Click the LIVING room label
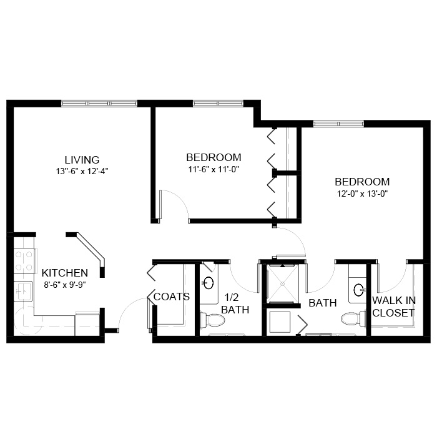click(82, 160)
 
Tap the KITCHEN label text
click(65, 273)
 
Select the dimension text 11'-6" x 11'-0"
click(214, 169)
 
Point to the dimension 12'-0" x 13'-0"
click(362, 194)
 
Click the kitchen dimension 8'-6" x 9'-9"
click(65, 285)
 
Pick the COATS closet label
click(172, 297)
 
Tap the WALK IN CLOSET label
click(394, 307)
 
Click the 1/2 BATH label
click(235, 303)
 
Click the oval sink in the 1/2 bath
click(208, 283)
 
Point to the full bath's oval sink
click(359, 290)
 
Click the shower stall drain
click(282, 283)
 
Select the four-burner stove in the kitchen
click(24, 261)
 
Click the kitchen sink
click(23, 292)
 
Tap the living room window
click(99, 104)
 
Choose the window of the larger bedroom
click(338, 124)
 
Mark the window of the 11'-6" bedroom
click(219, 104)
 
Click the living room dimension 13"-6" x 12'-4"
click(82, 171)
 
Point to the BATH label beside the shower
click(323, 303)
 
